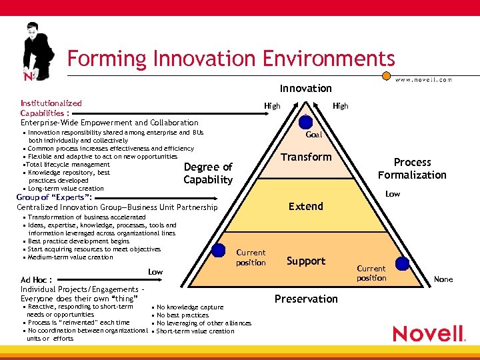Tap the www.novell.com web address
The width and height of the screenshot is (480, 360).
[424, 79]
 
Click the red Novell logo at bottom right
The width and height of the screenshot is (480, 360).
[429, 333]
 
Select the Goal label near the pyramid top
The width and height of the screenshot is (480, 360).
[313, 135]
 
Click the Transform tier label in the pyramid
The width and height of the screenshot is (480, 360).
[306, 157]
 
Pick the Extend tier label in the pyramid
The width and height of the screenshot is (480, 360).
[306, 207]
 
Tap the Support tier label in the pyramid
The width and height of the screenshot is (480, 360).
[306, 261]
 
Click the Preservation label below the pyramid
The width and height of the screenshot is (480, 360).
[306, 299]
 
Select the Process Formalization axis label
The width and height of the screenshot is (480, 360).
[412, 169]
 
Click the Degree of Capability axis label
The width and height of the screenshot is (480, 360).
[207, 173]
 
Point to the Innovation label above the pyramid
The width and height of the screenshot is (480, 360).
[305, 88]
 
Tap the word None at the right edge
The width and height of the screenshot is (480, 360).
[443, 279]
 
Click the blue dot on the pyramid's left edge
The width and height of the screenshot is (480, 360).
[218, 251]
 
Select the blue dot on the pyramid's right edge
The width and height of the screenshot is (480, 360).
[402, 263]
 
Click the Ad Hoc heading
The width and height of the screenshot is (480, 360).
[37, 280]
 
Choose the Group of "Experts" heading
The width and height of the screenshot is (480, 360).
[54, 198]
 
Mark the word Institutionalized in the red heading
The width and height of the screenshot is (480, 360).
[51, 103]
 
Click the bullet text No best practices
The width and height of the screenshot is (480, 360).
[183, 315]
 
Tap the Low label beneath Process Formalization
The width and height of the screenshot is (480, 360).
[393, 194]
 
